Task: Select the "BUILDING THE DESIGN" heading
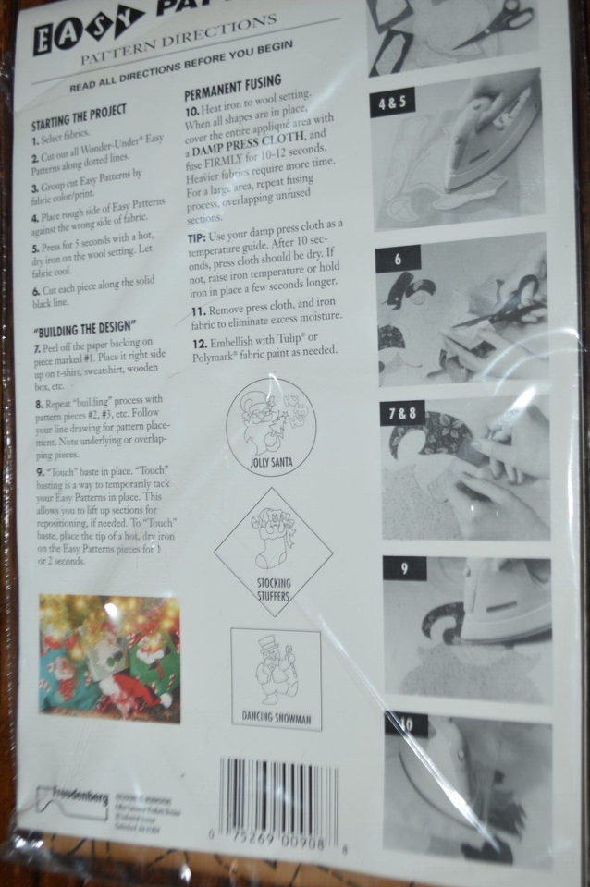(85, 329)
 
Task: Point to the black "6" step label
(399, 259)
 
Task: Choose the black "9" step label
(404, 568)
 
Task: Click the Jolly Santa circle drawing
(270, 426)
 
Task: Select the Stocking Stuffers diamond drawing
(274, 553)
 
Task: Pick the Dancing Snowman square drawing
(276, 678)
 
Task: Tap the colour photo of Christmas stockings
(109, 658)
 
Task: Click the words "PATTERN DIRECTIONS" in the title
(178, 39)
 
